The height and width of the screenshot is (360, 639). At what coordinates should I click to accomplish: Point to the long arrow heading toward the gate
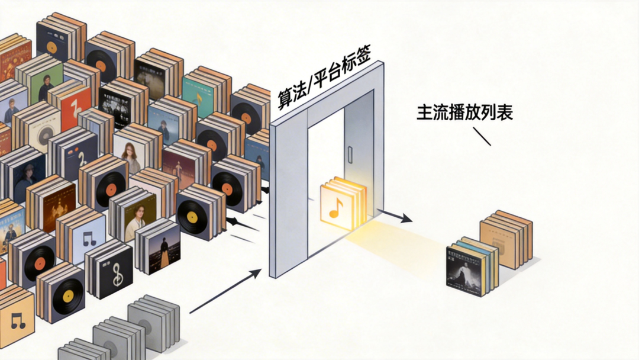225,291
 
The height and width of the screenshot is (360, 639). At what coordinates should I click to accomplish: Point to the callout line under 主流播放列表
482,137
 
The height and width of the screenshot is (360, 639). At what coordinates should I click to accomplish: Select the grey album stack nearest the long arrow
153,323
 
